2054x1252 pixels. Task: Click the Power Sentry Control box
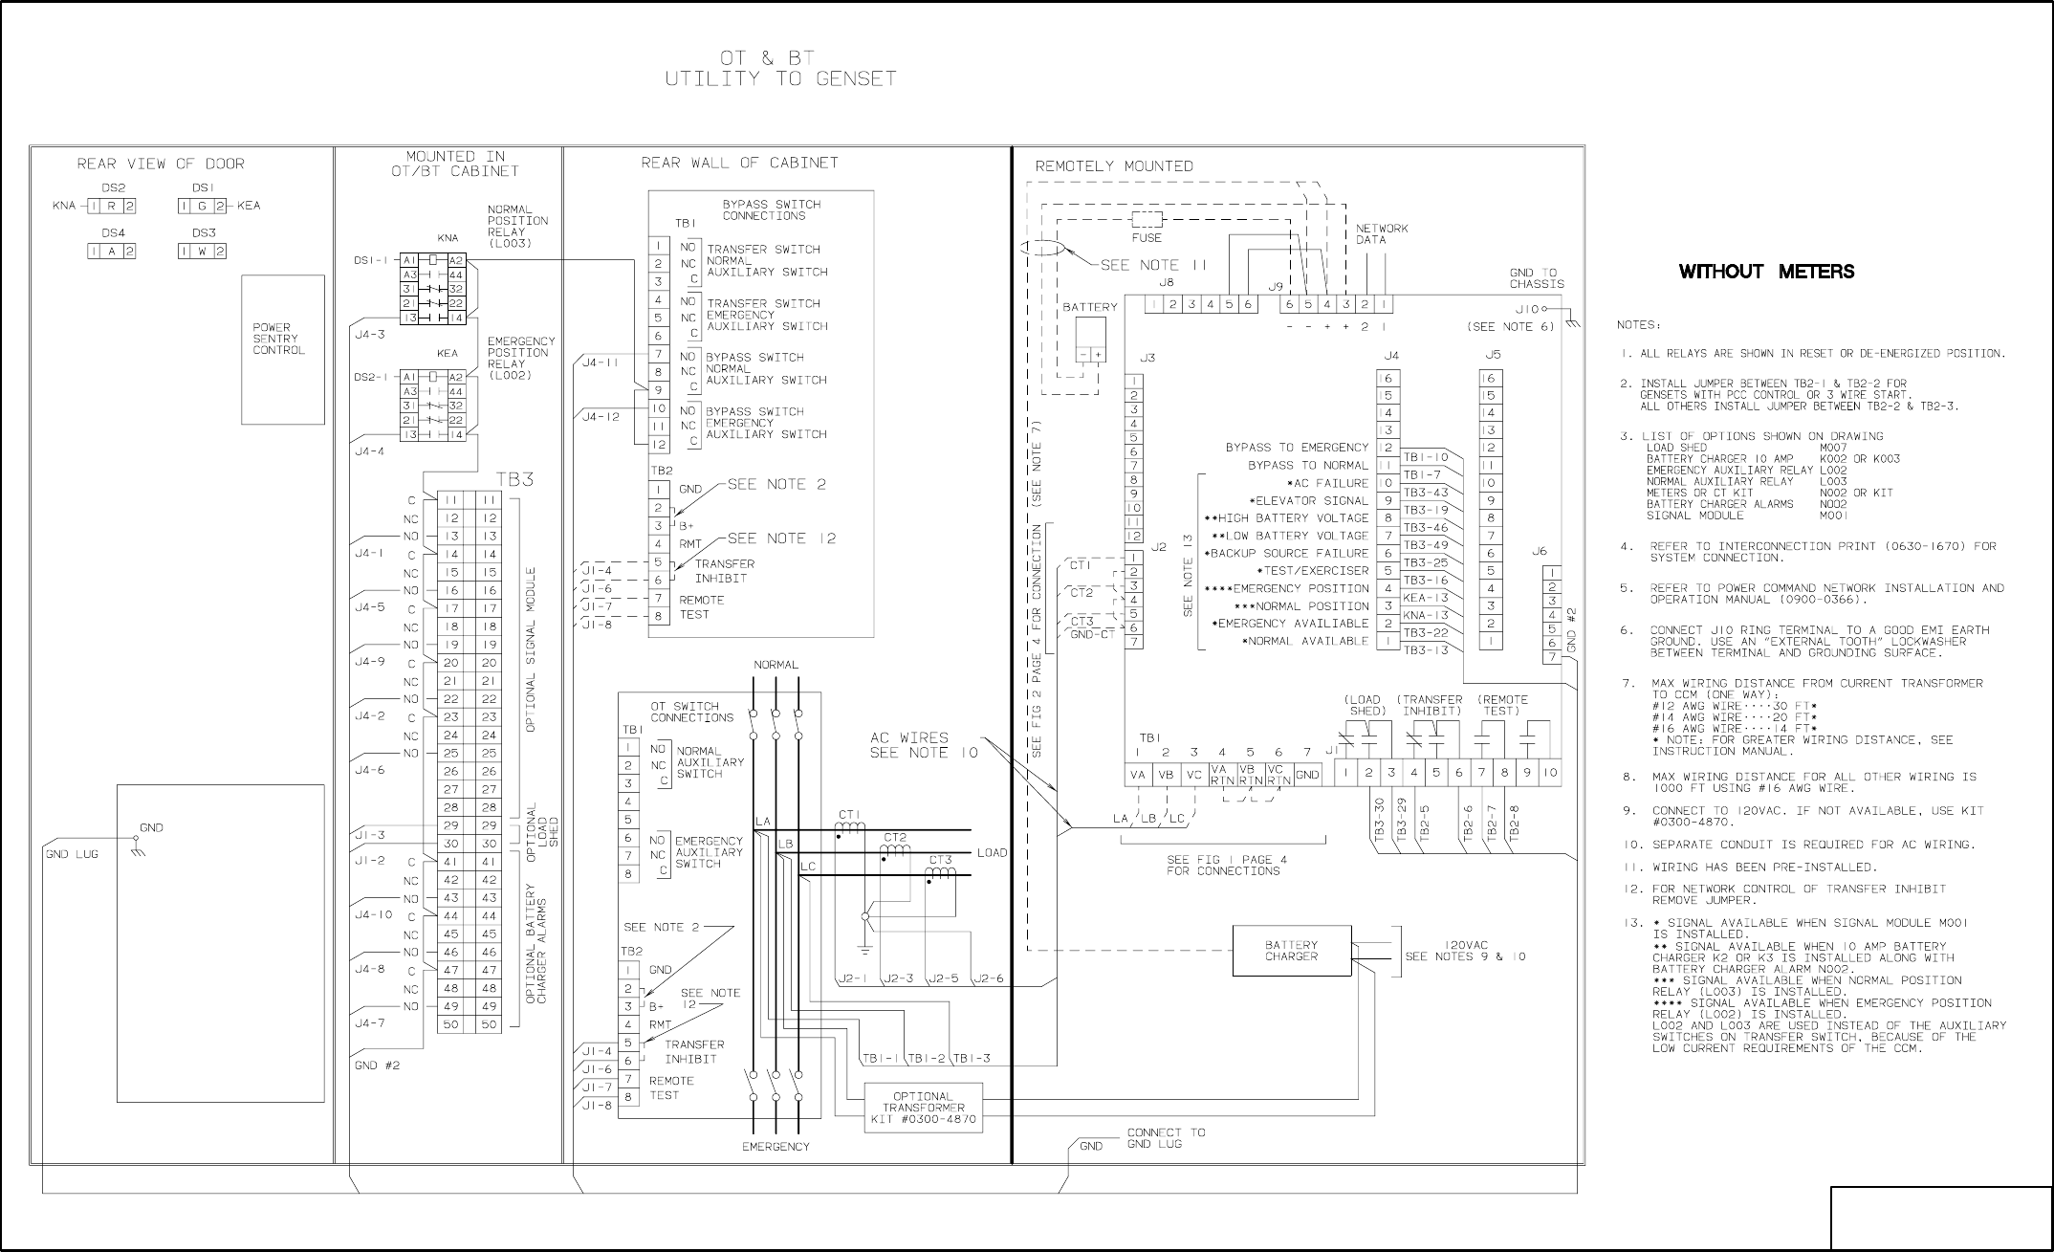pos(283,349)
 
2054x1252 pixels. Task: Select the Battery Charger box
pos(1292,951)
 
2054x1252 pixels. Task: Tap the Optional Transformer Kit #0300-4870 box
pos(924,1108)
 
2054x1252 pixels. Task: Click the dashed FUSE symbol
pos(1147,219)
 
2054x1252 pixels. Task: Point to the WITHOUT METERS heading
pos(1766,272)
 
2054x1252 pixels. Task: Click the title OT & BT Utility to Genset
pos(780,69)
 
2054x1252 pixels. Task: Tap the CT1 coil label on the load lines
pos(849,815)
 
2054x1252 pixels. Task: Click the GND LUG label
pos(71,854)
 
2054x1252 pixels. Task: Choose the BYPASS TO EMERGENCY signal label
pos(1297,447)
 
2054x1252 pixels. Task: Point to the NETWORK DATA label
pos(1382,234)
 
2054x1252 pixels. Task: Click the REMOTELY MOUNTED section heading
pos(1114,166)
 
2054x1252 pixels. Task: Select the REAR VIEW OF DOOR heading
pos(161,164)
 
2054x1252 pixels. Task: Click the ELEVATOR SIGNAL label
pos(1309,500)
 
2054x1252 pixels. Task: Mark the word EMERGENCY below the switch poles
pos(776,1146)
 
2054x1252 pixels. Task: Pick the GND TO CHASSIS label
pos(1537,278)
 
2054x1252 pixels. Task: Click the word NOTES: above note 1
pos(1638,325)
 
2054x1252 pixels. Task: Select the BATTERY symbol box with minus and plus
pos(1090,339)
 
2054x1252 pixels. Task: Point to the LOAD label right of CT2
pos(992,852)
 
